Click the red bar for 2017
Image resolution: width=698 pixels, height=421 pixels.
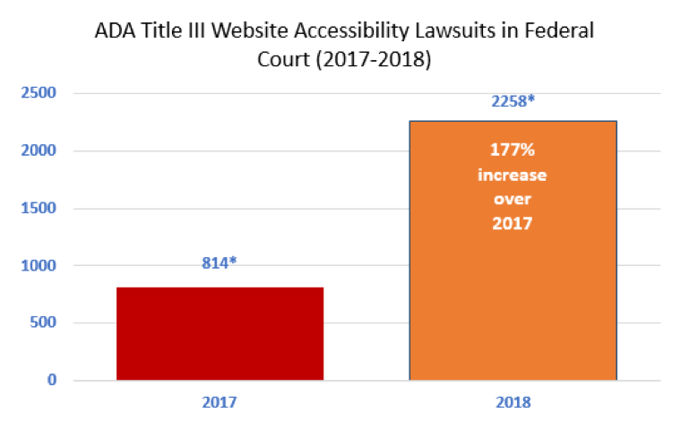click(220, 333)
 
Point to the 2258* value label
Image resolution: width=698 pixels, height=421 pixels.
click(513, 101)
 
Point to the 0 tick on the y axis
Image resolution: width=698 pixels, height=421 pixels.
click(51, 381)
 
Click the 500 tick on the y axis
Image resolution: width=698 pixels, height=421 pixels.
click(42, 323)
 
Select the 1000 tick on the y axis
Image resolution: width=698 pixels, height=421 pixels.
click(39, 266)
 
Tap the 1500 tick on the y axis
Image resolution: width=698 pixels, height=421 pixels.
click(39, 209)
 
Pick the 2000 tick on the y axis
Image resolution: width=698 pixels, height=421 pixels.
click(39, 150)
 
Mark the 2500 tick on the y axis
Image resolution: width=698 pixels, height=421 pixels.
click(39, 93)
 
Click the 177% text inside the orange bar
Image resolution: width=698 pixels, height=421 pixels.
click(512, 150)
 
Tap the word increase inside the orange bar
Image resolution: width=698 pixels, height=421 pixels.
click(512, 175)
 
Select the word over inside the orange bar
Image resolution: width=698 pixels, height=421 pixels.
click(512, 199)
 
